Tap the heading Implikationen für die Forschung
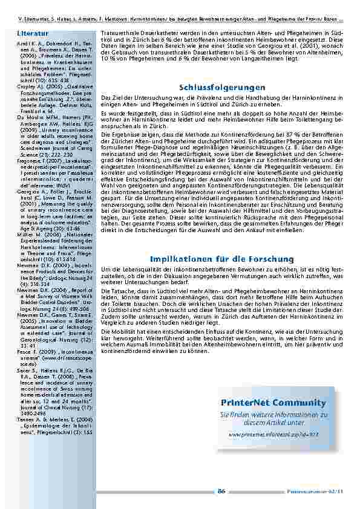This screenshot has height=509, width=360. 222,259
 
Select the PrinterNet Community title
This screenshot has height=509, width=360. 273,403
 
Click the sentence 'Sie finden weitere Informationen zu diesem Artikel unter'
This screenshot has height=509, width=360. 273,419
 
